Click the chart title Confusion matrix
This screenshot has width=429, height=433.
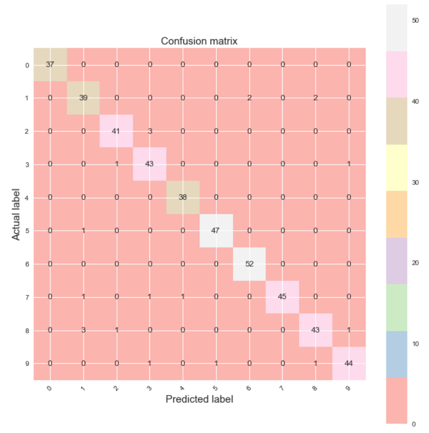pyautogui.click(x=199, y=41)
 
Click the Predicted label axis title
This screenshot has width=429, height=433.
pyautogui.click(x=199, y=399)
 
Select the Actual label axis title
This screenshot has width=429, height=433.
pyautogui.click(x=16, y=214)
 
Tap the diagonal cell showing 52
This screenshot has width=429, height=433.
pyautogui.click(x=249, y=264)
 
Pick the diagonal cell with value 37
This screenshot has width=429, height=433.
pyautogui.click(x=50, y=65)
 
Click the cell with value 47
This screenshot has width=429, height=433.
pyautogui.click(x=216, y=231)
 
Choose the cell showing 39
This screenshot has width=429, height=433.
pyautogui.click(x=84, y=98)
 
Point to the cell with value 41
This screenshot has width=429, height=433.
pyautogui.click(x=117, y=131)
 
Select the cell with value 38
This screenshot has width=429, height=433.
pyautogui.click(x=183, y=198)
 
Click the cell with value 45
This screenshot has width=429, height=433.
pyautogui.click(x=283, y=297)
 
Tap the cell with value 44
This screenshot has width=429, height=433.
pyautogui.click(x=349, y=364)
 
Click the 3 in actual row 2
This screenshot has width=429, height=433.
pyautogui.click(x=150, y=131)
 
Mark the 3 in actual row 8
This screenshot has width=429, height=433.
pyautogui.click(x=84, y=330)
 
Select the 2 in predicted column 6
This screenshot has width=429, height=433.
pyautogui.click(x=249, y=98)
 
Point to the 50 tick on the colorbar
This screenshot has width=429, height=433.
pyautogui.click(x=416, y=20)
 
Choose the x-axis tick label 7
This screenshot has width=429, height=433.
pyautogui.click(x=282, y=389)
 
